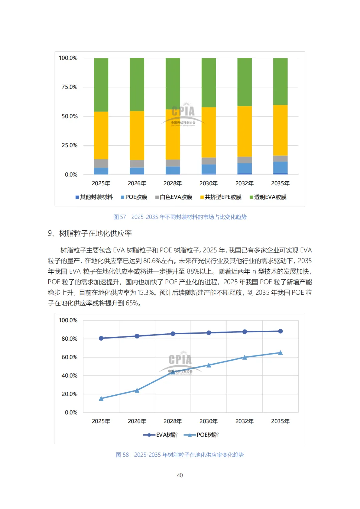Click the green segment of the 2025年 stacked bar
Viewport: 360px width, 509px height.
click(x=101, y=85)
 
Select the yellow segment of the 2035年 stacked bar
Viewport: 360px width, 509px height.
click(x=280, y=130)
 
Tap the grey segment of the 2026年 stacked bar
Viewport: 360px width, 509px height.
click(x=137, y=164)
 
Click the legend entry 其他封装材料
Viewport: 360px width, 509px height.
click(x=94, y=197)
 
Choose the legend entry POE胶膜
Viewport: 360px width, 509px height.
click(x=134, y=197)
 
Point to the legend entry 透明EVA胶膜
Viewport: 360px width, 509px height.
click(x=268, y=197)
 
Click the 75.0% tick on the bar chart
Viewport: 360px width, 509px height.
click(x=69, y=87)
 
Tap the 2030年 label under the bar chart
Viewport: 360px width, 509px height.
click(x=209, y=183)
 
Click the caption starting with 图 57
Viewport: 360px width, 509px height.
click(x=180, y=217)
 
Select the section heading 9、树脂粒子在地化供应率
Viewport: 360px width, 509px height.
click(x=90, y=233)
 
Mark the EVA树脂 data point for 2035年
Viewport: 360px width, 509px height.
click(x=280, y=331)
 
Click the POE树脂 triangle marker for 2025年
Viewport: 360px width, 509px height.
click(x=101, y=399)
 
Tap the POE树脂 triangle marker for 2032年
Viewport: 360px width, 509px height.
click(x=245, y=357)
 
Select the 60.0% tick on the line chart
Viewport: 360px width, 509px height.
click(x=69, y=357)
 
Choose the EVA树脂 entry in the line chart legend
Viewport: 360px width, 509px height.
click(x=160, y=435)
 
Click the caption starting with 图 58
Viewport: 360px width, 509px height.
click(x=180, y=455)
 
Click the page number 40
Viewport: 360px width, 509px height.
click(x=180, y=475)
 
